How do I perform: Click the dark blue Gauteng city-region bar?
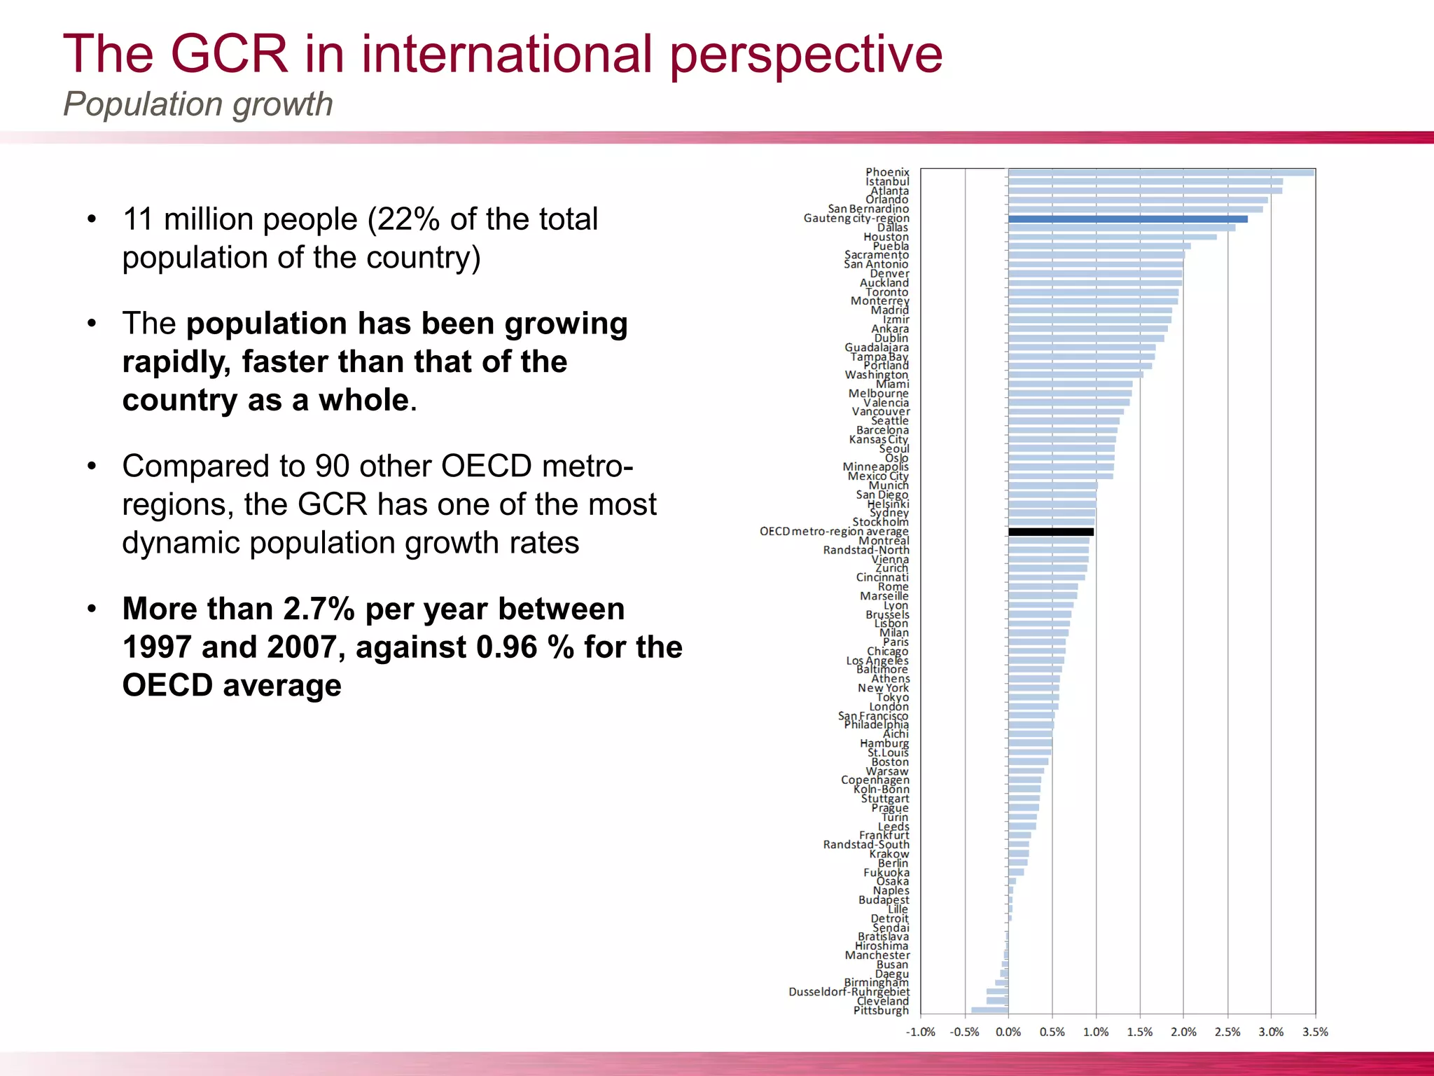pyautogui.click(x=1127, y=219)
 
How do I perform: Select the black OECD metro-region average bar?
pyautogui.click(x=1050, y=532)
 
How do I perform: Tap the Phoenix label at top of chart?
pyautogui.click(x=887, y=172)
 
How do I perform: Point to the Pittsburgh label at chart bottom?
pyautogui.click(x=881, y=1010)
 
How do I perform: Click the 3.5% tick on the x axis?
pyautogui.click(x=1315, y=1032)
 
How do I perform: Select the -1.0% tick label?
pyautogui.click(x=920, y=1032)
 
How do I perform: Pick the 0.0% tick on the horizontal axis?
pyautogui.click(x=1008, y=1032)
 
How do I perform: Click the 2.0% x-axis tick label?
pyautogui.click(x=1183, y=1032)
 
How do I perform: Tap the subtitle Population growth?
pyautogui.click(x=197, y=104)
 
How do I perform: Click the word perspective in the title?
pyautogui.click(x=805, y=55)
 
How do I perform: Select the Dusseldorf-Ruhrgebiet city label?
pyautogui.click(x=849, y=992)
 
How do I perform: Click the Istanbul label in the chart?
pyautogui.click(x=887, y=181)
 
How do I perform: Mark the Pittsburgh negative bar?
pyautogui.click(x=989, y=1010)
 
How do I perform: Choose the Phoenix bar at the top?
pyautogui.click(x=1161, y=172)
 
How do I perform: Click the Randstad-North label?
pyautogui.click(x=866, y=551)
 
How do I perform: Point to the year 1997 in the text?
pyautogui.click(x=156, y=647)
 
